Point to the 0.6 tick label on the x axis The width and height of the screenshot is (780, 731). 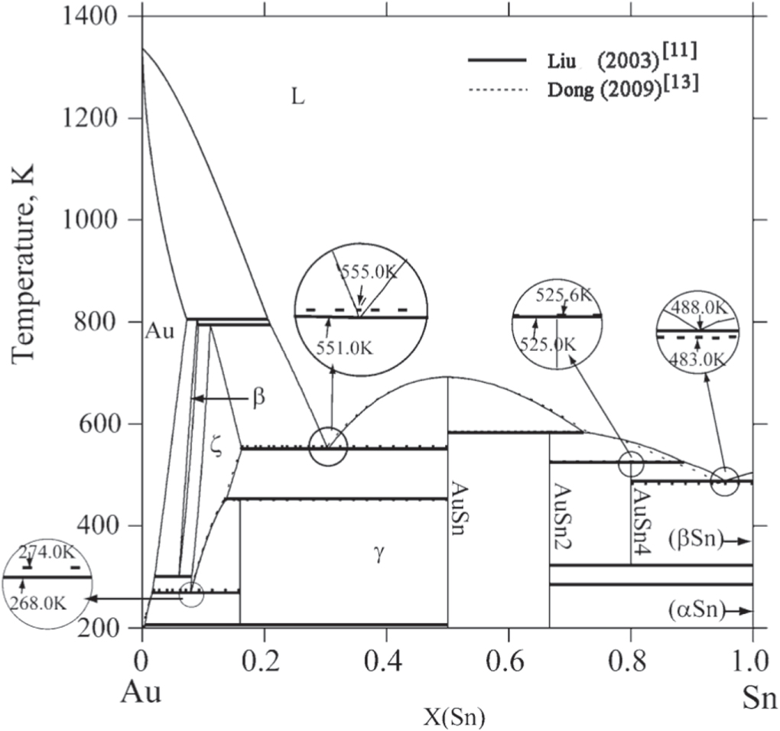click(509, 663)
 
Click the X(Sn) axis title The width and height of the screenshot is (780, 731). click(453, 717)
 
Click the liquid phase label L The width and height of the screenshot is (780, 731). click(297, 97)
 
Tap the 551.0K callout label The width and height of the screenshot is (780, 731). click(344, 348)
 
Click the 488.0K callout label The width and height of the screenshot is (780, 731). click(698, 308)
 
